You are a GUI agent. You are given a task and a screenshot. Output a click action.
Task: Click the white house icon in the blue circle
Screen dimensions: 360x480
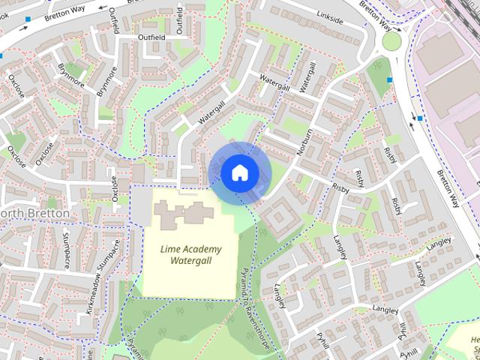tap(239, 172)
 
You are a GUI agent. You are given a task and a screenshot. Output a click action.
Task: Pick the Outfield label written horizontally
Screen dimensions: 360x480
tap(150, 36)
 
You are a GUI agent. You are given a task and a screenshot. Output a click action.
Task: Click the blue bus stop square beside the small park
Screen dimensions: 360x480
tap(389, 79)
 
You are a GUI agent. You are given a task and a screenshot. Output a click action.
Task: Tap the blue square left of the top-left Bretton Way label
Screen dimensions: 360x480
tap(28, 19)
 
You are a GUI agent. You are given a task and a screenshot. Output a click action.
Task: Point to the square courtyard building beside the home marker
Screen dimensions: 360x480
tap(278, 218)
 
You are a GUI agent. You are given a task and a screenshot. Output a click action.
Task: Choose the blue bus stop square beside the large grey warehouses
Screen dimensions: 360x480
tap(420, 118)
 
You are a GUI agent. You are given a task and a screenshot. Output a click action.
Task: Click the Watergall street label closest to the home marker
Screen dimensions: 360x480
tap(211, 112)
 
